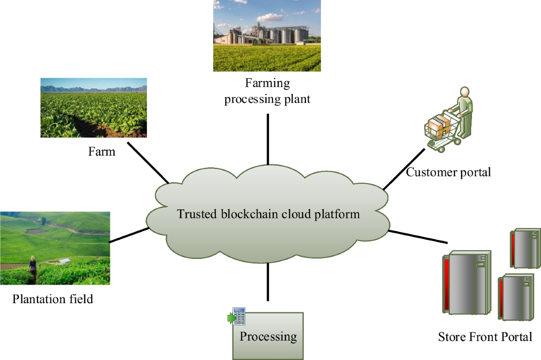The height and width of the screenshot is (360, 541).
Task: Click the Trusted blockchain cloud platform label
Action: (x=268, y=213)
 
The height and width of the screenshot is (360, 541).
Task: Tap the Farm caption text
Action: (x=101, y=151)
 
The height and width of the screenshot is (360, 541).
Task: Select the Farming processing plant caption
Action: (x=267, y=91)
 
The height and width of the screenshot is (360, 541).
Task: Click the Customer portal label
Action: (x=448, y=172)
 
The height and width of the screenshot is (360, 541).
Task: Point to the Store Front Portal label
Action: (x=485, y=337)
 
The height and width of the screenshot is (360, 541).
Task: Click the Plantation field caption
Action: (x=53, y=299)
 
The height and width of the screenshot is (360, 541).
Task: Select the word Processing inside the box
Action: (x=268, y=336)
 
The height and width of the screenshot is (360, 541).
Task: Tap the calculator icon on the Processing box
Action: (x=238, y=316)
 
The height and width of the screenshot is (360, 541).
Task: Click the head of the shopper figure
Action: (x=463, y=92)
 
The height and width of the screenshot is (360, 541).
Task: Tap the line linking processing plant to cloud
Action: (x=268, y=139)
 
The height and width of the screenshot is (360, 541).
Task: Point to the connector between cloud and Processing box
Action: (x=268, y=282)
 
